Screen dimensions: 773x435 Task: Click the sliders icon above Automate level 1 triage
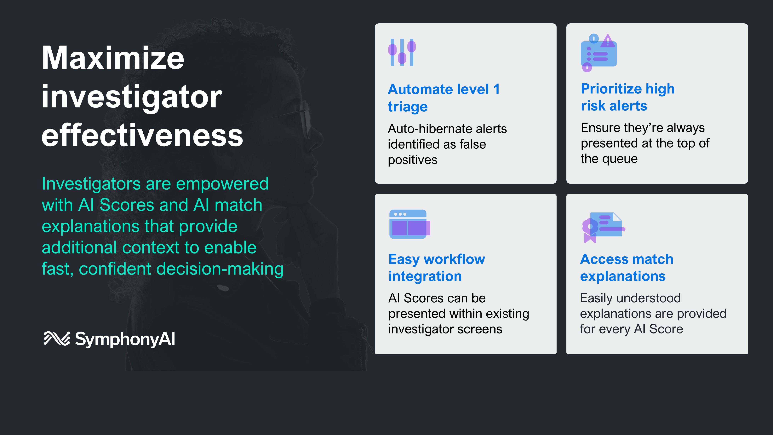[x=402, y=52]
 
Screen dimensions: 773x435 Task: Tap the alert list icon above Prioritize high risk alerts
[x=599, y=53]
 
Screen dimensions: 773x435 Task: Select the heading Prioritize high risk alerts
[x=628, y=97]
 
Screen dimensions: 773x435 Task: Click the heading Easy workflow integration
[x=437, y=268]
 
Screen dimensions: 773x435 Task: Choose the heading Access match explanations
[x=627, y=268]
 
